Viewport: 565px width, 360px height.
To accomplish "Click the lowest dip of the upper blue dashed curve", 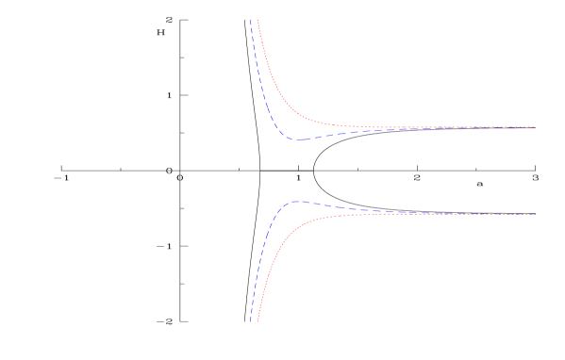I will pos(299,139).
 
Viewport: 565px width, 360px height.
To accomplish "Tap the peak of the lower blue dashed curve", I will pos(296,202).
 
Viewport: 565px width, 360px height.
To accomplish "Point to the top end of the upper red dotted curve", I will pos(258,20).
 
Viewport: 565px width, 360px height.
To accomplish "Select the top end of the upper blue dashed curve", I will pos(251,20).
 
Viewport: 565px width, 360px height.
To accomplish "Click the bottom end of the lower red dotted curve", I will pos(258,321).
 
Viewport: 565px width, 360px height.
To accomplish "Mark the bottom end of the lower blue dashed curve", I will pos(251,321).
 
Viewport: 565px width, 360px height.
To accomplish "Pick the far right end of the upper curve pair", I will pos(535,127).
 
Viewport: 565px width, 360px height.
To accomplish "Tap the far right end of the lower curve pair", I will pos(535,214).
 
